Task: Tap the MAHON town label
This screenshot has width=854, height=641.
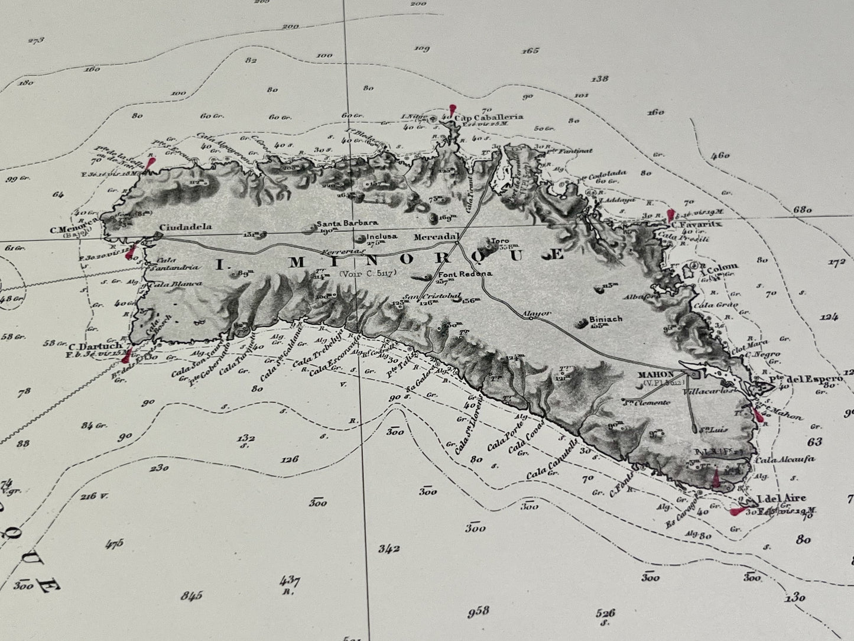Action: pos(656,375)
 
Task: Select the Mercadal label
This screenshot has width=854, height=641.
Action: pos(436,237)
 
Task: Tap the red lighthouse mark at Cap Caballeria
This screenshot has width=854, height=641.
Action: pos(452,109)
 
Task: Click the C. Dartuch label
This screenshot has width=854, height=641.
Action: pos(95,346)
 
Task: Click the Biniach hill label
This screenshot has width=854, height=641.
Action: pos(606,319)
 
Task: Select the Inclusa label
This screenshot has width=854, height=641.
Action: pos(382,236)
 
